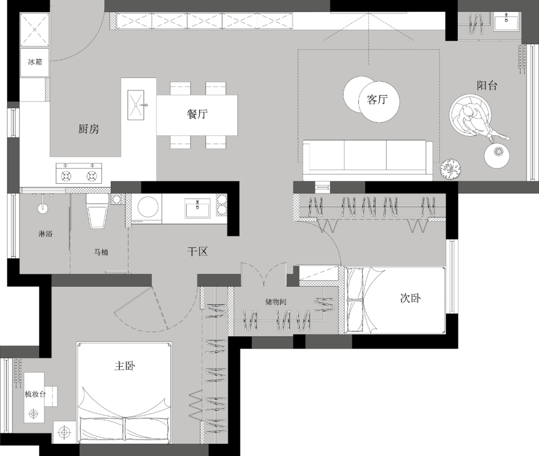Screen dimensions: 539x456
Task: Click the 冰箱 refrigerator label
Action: pos(35,62)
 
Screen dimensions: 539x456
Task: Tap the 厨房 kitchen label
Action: pos(89,129)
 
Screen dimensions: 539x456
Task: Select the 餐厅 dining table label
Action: pos(197,114)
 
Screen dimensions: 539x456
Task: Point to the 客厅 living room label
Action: pos(377,100)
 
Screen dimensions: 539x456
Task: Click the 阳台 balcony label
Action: pos(487,85)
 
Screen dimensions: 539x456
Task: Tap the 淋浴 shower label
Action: pos(45,234)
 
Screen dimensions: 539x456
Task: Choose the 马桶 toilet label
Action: pos(101,252)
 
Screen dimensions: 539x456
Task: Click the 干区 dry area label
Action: pos(197,251)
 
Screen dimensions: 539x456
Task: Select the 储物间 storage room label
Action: pos(275,302)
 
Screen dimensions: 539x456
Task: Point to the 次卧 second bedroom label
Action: pos(410,298)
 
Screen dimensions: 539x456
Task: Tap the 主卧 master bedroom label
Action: pos(124,366)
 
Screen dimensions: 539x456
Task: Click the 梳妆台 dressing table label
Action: pos(35,394)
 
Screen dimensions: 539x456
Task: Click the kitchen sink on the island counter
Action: pos(136,105)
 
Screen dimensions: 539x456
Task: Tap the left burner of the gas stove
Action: pos(66,176)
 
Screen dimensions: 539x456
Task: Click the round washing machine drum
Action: pos(148,207)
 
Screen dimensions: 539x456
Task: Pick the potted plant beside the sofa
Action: pos(450,169)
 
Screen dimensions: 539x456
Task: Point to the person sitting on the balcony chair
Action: pos(480,122)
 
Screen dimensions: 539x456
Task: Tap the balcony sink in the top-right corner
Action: pos(507,21)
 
